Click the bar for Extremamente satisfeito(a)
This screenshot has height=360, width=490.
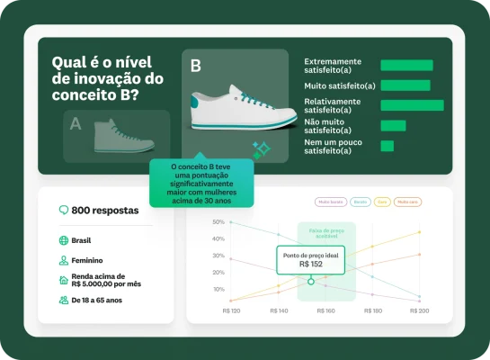pos(406,65)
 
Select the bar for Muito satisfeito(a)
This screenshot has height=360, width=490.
pos(403,85)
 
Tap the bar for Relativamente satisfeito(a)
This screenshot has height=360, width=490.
pos(412,105)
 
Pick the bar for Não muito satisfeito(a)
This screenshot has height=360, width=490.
pos(393,125)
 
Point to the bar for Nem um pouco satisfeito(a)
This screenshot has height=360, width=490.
pos(388,146)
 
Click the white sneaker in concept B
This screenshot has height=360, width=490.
pos(244,109)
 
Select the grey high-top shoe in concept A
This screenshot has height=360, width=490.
pos(124,135)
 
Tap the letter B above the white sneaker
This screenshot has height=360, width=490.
pos(196,66)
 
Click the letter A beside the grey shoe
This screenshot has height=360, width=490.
pos(76,123)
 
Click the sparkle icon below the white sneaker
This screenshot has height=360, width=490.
pos(261,150)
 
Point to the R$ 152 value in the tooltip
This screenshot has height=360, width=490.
pos(310,265)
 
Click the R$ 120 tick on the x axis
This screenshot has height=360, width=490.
pos(231,310)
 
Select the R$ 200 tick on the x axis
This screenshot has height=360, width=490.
pos(419,310)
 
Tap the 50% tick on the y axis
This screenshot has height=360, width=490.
pos(218,221)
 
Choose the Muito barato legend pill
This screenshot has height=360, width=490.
pos(329,202)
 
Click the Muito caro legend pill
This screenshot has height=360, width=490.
pos(407,202)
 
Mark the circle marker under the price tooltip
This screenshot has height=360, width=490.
pos(310,281)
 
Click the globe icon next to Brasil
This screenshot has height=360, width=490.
pos(63,240)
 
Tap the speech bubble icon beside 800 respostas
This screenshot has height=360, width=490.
pos(64,210)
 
